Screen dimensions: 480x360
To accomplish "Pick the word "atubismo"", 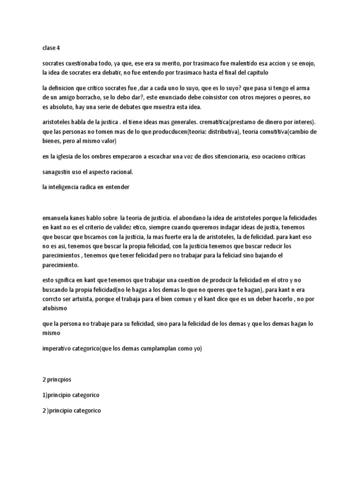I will pos(55,309).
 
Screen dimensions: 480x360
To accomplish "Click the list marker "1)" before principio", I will pos(45,395).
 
